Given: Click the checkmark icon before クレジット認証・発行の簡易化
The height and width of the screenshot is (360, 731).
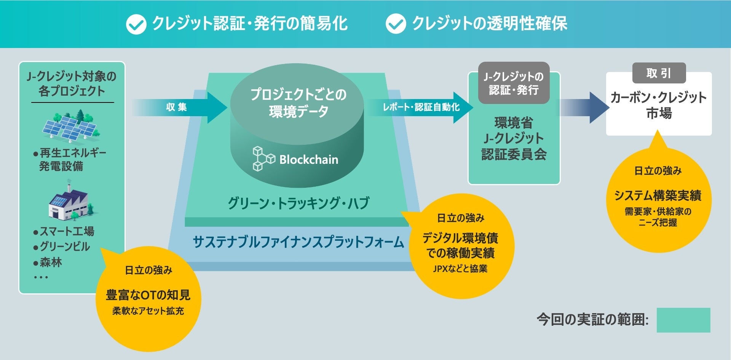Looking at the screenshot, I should [x=136, y=24].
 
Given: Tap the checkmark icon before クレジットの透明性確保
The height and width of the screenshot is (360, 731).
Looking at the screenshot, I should [x=396, y=24].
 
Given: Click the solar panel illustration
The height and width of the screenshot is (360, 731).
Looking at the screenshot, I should [x=71, y=126].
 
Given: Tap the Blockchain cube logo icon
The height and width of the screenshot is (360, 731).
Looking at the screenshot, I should [x=263, y=158].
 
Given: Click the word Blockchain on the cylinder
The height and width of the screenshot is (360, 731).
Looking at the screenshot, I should [x=309, y=159].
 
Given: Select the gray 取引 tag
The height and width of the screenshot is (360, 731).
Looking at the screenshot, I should [x=659, y=73].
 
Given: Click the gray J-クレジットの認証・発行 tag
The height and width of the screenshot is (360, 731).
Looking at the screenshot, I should [x=514, y=83].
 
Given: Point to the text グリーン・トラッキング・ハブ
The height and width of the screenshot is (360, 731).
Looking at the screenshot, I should [x=298, y=203].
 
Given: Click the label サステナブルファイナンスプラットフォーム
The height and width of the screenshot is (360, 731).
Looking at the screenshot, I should [x=298, y=242].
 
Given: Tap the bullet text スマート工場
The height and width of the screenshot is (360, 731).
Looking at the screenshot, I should [x=67, y=231].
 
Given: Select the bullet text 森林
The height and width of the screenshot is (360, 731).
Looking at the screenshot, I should [x=50, y=262].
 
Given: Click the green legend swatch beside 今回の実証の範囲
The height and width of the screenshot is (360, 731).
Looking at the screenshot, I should [x=683, y=320].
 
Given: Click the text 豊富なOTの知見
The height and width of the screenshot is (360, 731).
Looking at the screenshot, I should [x=148, y=295].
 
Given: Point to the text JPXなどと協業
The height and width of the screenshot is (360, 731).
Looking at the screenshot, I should [x=460, y=269].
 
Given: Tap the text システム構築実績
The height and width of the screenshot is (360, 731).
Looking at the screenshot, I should [x=658, y=195].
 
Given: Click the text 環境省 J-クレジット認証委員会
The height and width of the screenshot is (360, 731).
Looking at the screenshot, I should [x=514, y=138].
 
